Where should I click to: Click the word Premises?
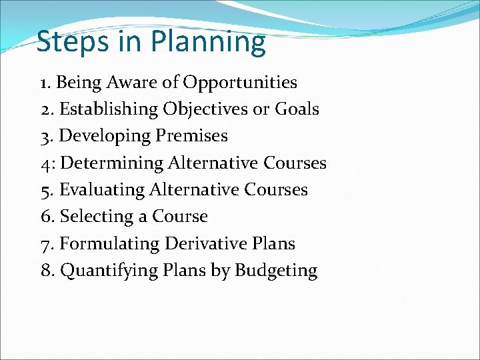192,136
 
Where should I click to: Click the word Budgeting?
276,271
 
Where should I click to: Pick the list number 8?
45,271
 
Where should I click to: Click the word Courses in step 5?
277,190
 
